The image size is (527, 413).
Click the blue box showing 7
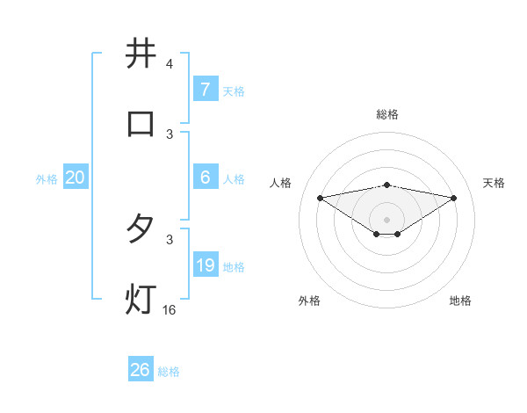[x=205, y=90]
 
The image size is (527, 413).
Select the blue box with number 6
[x=205, y=178]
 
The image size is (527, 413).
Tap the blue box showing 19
[x=205, y=265]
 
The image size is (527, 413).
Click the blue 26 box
[x=140, y=370]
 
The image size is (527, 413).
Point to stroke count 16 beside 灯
[x=170, y=310]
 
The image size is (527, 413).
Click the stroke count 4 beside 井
[x=169, y=64]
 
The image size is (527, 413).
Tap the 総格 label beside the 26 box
[x=169, y=372]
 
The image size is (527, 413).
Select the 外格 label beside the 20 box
[x=47, y=179]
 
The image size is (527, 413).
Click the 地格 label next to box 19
[x=234, y=267]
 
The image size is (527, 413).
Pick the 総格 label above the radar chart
[x=387, y=115]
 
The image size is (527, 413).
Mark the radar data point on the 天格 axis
[x=454, y=198]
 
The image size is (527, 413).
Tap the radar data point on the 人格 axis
[x=320, y=198]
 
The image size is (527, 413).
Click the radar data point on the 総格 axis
[x=387, y=185]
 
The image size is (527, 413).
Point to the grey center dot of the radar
[x=387, y=220]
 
